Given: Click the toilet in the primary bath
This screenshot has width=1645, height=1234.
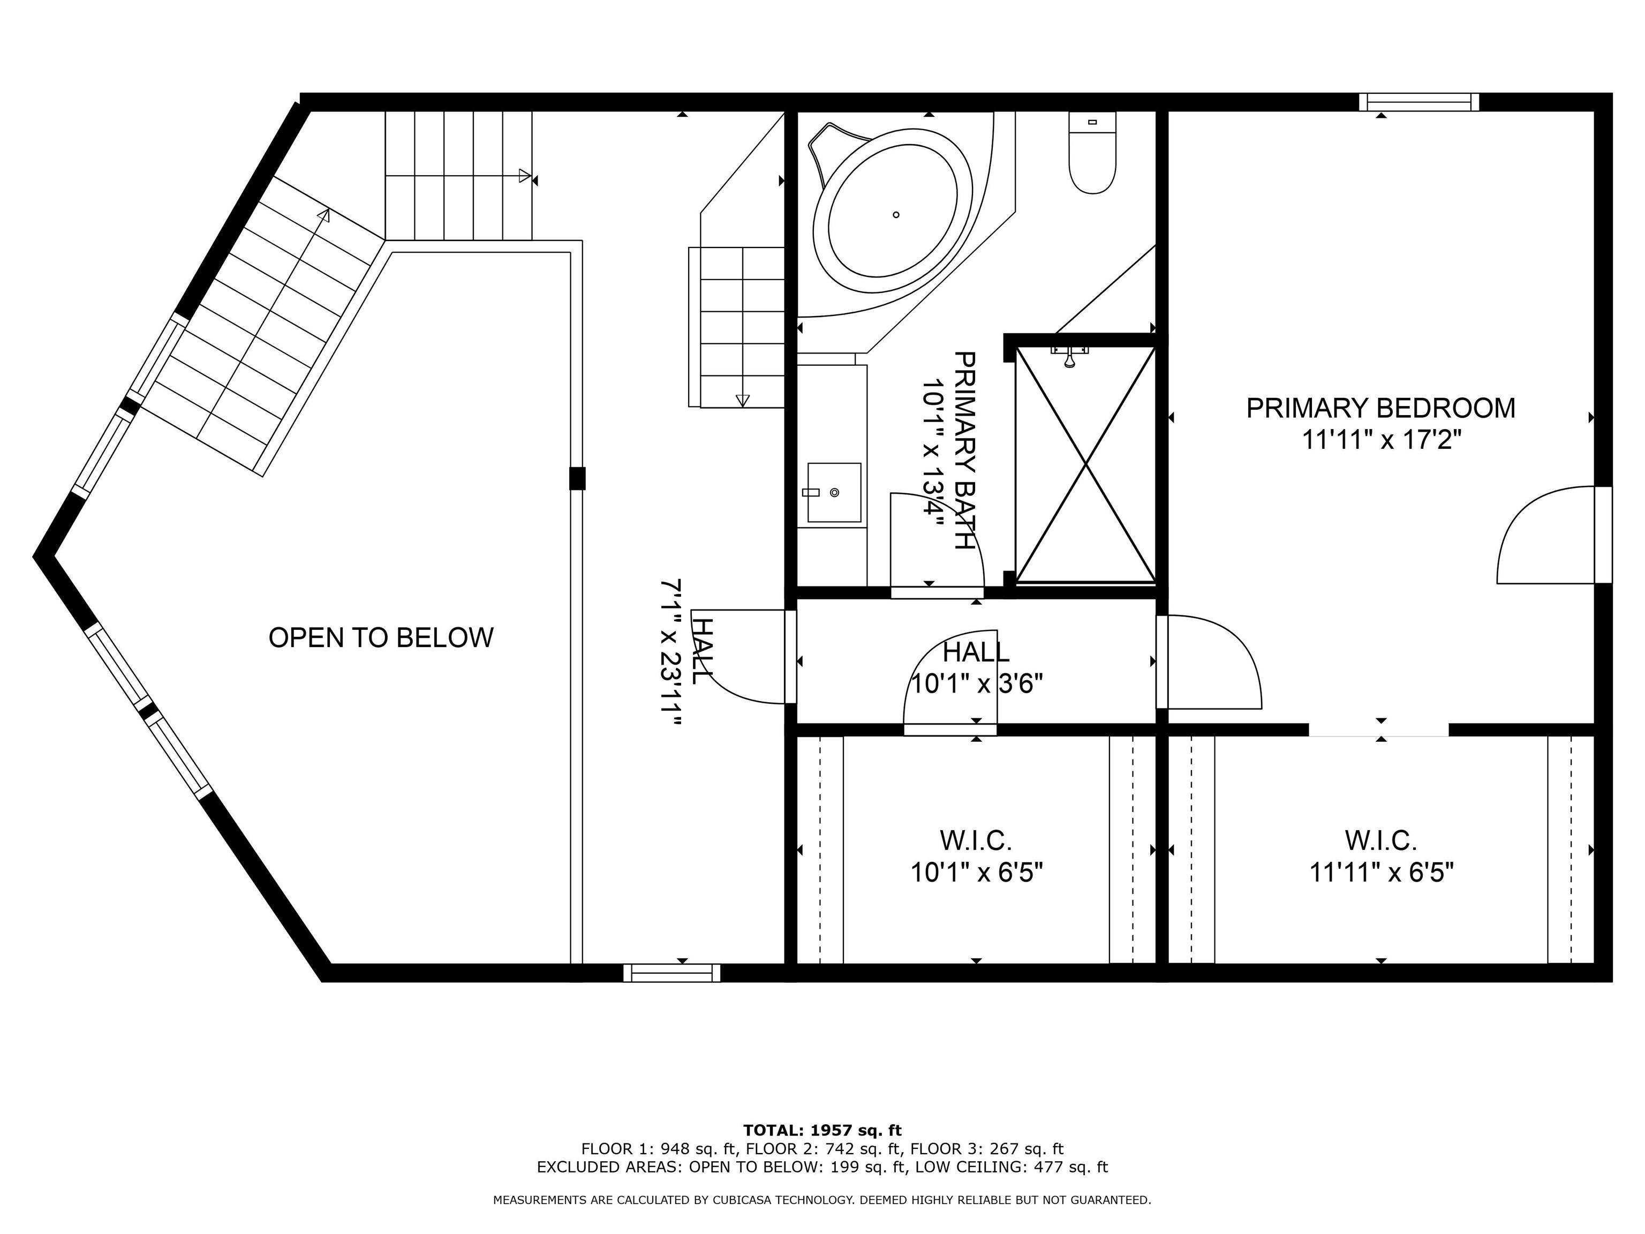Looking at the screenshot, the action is (x=1092, y=153).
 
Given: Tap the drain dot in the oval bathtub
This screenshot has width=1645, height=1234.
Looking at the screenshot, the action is (x=896, y=215).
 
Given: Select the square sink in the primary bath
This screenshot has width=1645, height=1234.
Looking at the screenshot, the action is (x=834, y=492).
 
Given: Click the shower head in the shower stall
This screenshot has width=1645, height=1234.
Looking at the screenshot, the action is (x=1069, y=358).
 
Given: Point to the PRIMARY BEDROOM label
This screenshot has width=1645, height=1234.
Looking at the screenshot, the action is (x=1380, y=408).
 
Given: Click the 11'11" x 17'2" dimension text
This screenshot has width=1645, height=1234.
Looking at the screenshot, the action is (x=1381, y=440).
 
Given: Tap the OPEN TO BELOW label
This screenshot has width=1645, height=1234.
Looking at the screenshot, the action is (x=381, y=637).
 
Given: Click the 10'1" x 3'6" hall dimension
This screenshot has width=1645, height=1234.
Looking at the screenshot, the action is (x=976, y=683).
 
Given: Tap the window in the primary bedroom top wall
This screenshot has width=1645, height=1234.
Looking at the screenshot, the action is (x=1419, y=102).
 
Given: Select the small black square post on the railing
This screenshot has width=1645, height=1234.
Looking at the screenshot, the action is (x=577, y=478).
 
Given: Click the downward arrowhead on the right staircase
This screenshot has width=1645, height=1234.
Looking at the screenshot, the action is (x=742, y=400).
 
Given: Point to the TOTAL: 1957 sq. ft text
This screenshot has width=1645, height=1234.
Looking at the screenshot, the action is (x=822, y=1131).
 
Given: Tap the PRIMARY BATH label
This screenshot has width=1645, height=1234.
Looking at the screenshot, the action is (x=964, y=451).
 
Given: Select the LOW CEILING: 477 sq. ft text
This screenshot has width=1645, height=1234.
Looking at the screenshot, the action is (x=1012, y=1167).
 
